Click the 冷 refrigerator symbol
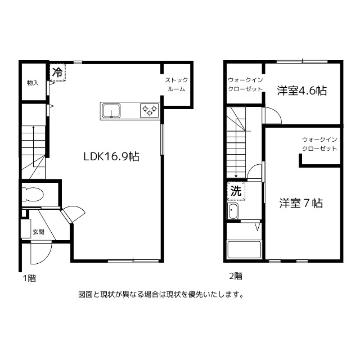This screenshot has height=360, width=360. (x=57, y=73)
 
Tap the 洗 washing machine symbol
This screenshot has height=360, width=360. (x=236, y=191)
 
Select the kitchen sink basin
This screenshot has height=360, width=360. (x=111, y=111)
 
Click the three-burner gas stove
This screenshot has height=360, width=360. (x=150, y=110)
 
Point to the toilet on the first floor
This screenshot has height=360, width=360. (x=33, y=194)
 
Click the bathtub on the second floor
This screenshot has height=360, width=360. (x=244, y=250)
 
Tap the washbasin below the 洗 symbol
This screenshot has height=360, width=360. (x=232, y=211)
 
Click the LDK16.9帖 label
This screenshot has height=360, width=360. (x=111, y=156)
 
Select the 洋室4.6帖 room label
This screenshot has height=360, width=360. (x=302, y=91)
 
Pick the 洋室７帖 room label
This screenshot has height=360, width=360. (x=301, y=203)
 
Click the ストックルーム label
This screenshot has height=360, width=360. (x=177, y=84)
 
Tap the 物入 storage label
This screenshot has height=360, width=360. (x=33, y=83)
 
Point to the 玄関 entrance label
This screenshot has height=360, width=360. (x=38, y=232)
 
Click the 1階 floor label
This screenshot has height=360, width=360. (x=29, y=278)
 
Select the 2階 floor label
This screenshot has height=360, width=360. (x=236, y=276)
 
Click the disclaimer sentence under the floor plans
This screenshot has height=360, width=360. (x=161, y=295)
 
